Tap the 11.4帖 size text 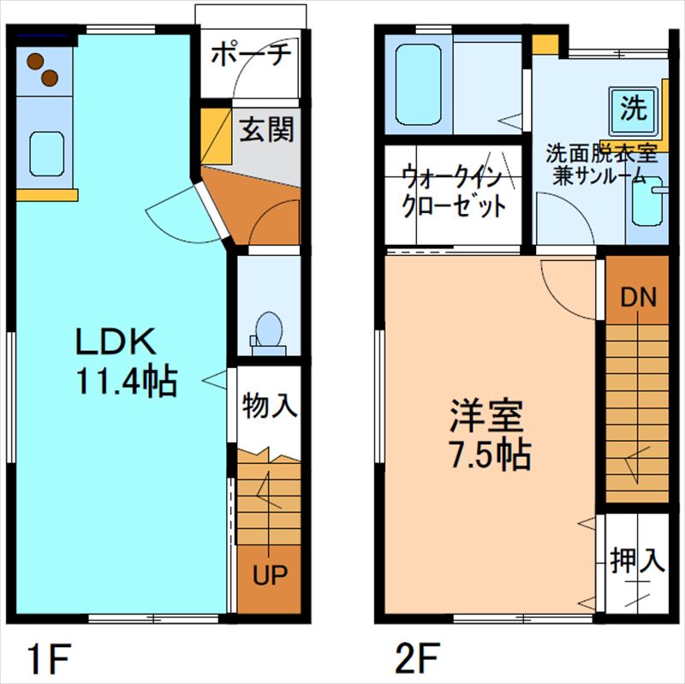tap(127, 381)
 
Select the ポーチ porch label tap(250, 53)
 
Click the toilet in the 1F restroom tap(270, 330)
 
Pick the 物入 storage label tap(270, 405)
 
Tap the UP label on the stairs tap(269, 574)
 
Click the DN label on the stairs tap(638, 297)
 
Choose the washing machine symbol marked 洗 tap(634, 109)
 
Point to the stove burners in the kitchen tap(42, 69)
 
